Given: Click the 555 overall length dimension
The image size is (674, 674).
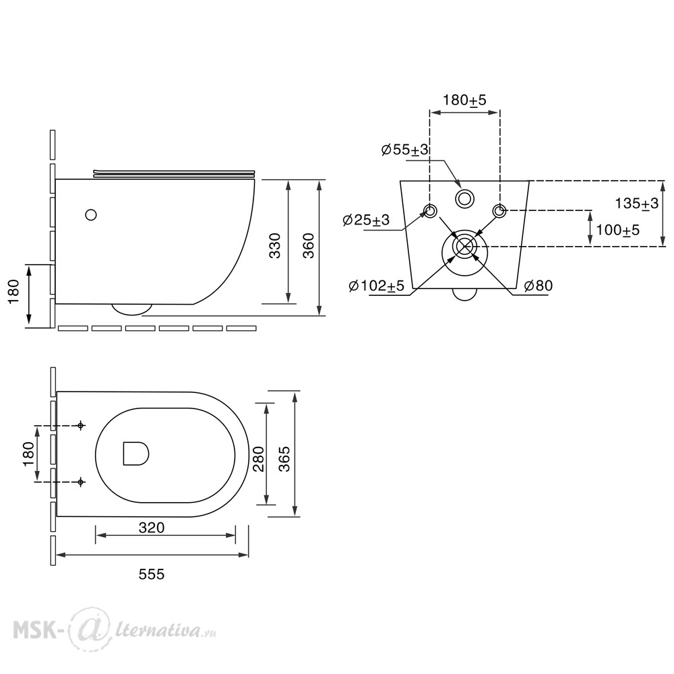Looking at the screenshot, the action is (x=151, y=574).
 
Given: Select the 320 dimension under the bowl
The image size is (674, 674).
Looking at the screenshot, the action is (x=151, y=528).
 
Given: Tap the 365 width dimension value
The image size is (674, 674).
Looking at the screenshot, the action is (x=284, y=459).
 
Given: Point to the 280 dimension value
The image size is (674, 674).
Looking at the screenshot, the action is (x=258, y=459).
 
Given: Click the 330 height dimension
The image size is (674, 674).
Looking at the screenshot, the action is (x=274, y=245).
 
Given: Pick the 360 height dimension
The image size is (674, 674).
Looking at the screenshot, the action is (x=308, y=245).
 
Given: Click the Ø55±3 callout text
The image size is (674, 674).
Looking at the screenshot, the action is (x=405, y=150).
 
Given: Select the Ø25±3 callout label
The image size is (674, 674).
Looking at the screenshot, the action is (x=366, y=220).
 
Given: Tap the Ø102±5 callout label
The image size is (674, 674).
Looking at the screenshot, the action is (x=377, y=285).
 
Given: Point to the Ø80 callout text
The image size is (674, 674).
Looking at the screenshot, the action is (x=539, y=285).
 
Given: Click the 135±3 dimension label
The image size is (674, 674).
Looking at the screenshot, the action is (x=636, y=204).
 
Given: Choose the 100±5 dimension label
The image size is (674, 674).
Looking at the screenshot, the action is (x=617, y=231).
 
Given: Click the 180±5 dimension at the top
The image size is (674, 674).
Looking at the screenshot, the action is (x=464, y=100).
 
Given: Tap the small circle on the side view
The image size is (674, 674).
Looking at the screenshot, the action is (x=91, y=214).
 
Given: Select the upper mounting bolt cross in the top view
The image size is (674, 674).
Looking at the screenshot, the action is (x=80, y=425).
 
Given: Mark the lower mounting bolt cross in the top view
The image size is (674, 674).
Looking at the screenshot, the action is (x=80, y=483).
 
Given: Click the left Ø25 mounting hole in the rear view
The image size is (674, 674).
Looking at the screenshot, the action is (x=430, y=211).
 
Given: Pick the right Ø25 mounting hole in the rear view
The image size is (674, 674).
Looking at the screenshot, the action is (x=499, y=211).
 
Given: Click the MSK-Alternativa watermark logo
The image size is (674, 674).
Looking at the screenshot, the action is (x=115, y=631).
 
